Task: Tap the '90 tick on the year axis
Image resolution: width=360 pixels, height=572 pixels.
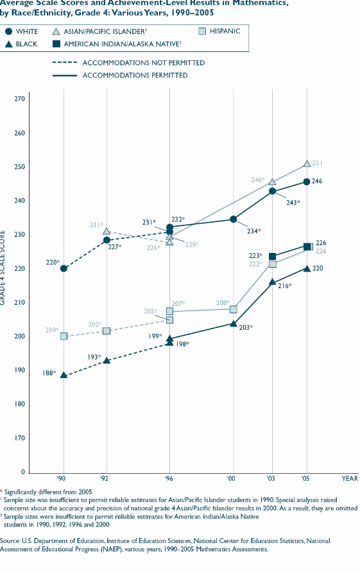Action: [64, 479]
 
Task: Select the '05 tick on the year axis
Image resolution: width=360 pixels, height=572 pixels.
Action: [306, 479]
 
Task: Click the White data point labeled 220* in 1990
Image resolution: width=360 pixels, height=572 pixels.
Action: [64, 268]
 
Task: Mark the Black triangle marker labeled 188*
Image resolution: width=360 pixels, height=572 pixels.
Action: [64, 375]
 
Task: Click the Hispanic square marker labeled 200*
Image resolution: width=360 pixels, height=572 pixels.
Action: [64, 336]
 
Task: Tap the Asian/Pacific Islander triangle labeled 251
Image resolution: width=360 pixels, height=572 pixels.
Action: [307, 164]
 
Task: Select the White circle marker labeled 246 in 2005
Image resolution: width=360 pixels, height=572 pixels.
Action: [307, 182]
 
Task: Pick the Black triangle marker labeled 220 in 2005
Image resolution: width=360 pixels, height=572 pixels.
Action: [307, 268]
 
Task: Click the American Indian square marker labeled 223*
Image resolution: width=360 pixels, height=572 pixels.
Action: [272, 257]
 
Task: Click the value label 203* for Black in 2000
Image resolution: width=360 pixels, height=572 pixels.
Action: [246, 327]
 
